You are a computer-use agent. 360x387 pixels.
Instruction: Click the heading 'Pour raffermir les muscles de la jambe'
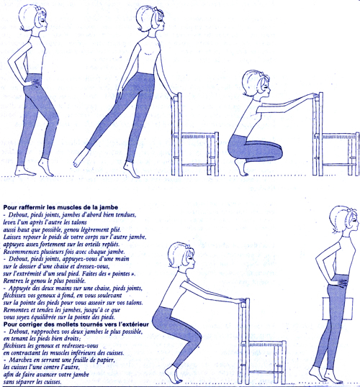60,207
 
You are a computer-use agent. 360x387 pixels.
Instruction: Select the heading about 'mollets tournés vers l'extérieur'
76,324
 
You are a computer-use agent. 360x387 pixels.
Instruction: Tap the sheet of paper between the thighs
338,309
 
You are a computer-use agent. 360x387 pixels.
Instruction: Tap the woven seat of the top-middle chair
199,135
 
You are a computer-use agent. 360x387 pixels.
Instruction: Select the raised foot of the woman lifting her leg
81,158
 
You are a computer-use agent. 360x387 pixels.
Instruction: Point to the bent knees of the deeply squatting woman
276,150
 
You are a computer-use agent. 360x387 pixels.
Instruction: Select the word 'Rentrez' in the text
13,281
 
